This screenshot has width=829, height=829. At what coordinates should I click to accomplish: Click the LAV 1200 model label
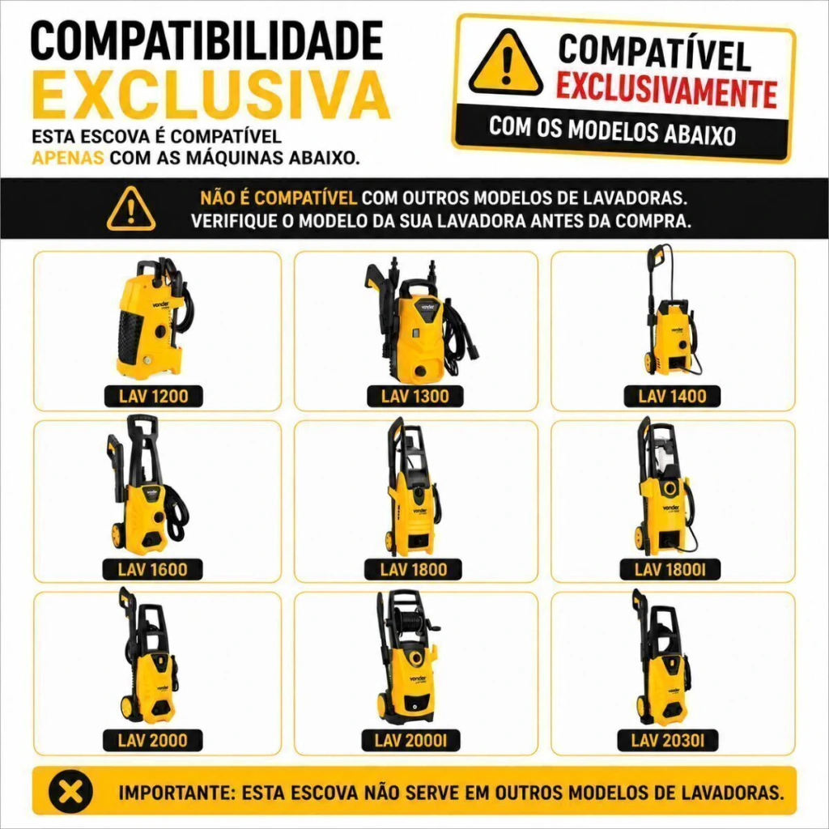coord(153,396)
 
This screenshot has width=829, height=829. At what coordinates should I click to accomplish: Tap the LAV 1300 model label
coord(415,396)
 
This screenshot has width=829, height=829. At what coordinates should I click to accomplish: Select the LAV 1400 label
coord(672,396)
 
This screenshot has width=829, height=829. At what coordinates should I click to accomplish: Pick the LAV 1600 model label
coord(152,569)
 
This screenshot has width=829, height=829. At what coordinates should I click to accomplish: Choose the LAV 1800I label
coord(670,569)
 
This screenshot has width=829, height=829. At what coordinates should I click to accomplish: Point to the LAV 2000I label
coord(410,741)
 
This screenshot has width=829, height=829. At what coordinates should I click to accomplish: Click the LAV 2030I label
coord(668,741)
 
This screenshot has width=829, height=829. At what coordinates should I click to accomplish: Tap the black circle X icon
coord(70,793)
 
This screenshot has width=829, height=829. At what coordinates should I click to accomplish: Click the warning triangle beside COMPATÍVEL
coord(506,63)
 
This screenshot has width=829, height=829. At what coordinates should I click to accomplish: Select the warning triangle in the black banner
coord(131,210)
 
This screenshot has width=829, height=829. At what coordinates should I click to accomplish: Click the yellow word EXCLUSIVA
coord(211,96)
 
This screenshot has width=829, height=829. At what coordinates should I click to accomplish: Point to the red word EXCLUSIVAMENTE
coord(666,91)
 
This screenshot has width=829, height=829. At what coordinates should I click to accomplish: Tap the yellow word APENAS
coord(68,158)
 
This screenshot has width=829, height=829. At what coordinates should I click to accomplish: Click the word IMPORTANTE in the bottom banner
coord(175,793)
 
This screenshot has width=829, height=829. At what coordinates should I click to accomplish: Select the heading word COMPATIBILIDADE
coord(206,40)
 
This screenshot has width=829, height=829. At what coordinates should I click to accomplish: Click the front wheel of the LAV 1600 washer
coord(117,536)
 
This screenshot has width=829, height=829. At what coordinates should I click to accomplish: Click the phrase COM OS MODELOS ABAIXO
coord(613,130)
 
